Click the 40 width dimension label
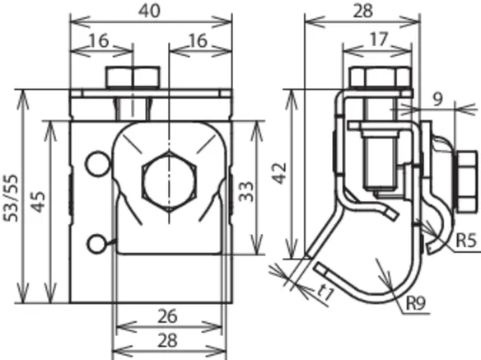[149, 12]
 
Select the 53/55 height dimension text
[12, 198]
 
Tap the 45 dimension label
[39, 202]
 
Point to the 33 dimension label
[246, 191]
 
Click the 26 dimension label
[167, 316]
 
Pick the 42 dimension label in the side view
[280, 173]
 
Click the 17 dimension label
[379, 40]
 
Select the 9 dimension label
[438, 100]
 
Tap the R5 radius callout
[466, 241]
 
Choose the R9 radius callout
[416, 303]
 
